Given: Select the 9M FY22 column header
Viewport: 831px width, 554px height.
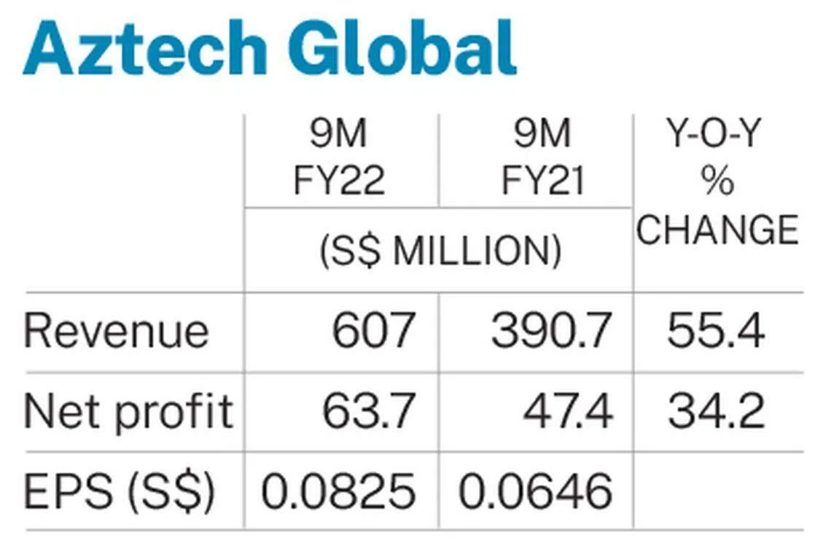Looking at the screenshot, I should [339, 158].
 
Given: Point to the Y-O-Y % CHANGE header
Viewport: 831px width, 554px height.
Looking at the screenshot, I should [718, 182].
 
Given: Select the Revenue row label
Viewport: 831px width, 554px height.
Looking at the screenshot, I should [117, 332].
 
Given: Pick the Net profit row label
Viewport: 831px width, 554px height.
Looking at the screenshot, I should [128, 412].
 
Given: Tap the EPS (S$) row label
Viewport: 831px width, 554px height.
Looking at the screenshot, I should [120, 492].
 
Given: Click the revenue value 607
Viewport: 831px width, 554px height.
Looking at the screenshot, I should [373, 332].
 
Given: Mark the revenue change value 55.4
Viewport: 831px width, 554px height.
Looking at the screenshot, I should [716, 332].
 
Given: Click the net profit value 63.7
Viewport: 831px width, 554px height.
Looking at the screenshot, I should [369, 412].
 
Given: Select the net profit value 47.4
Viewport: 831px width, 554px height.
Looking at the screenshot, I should [568, 412].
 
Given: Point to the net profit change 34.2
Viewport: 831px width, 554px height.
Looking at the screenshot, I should [716, 412].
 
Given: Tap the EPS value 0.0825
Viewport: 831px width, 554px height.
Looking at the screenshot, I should [338, 492].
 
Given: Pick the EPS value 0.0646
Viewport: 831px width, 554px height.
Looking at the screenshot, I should [535, 492].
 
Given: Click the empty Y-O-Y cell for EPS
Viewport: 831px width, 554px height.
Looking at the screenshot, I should [718, 492].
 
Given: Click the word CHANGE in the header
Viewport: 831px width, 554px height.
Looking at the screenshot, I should [718, 230].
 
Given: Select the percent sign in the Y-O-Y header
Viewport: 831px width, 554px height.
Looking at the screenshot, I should [718, 182].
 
